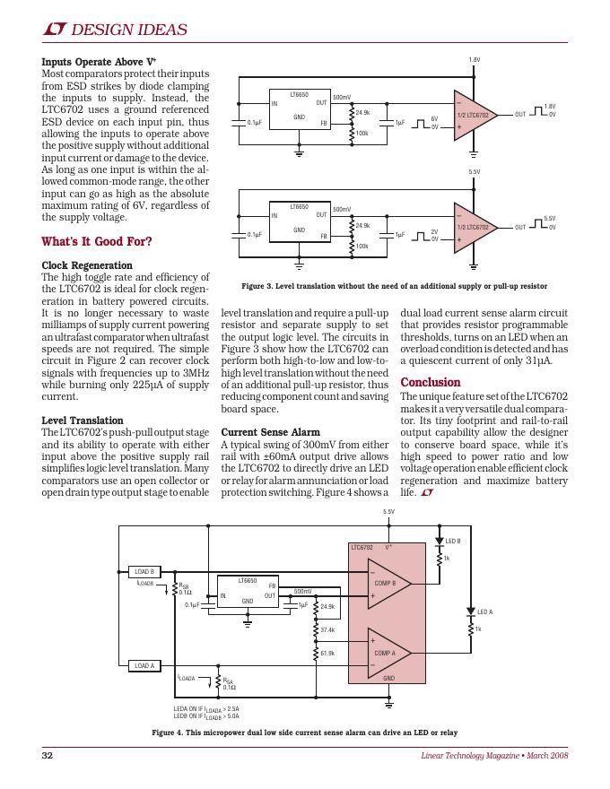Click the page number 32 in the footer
48,757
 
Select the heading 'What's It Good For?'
97,241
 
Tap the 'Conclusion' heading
431,382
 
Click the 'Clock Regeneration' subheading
87,265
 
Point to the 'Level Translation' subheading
83,421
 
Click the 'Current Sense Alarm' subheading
270,432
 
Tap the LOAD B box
144,571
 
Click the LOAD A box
144,665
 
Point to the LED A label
485,611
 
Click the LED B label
453,541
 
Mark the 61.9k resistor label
327,653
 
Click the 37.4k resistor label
327,630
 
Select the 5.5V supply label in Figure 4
388,512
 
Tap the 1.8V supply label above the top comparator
475,59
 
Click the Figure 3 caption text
394,287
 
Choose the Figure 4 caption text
304,733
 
